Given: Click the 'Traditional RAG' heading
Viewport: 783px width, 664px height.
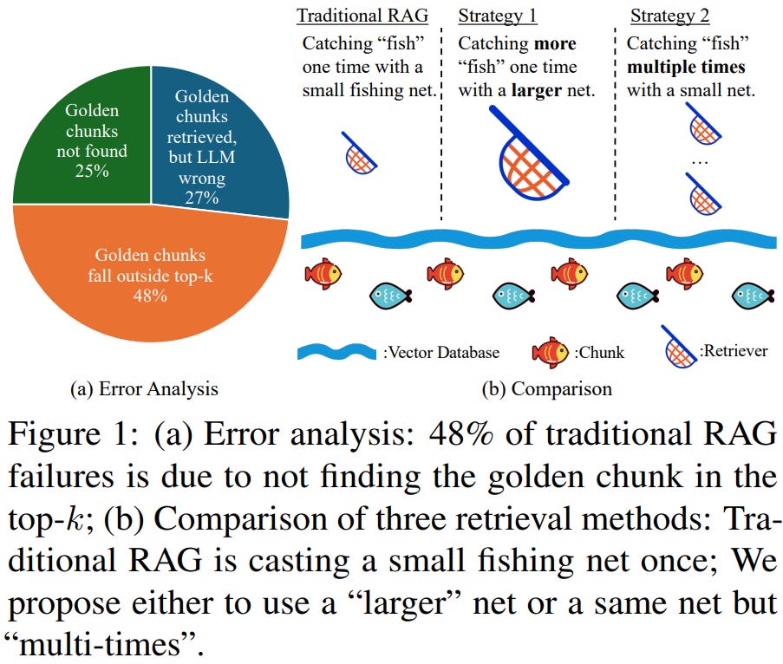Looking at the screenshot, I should click(x=362, y=16).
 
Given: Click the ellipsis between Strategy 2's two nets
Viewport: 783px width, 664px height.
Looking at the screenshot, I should click(x=702, y=163).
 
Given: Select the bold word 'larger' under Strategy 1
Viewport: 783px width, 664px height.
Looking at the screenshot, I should click(x=536, y=89).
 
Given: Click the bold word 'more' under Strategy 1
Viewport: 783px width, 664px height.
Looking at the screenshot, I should click(x=554, y=43).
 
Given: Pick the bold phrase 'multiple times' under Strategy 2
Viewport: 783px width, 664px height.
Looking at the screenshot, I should click(x=687, y=67).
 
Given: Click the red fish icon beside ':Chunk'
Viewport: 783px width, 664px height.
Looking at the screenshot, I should click(x=550, y=352).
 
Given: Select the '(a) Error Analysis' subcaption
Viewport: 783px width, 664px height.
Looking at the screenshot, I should click(x=144, y=389).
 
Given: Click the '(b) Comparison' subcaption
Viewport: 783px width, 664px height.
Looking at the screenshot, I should click(x=546, y=389).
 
